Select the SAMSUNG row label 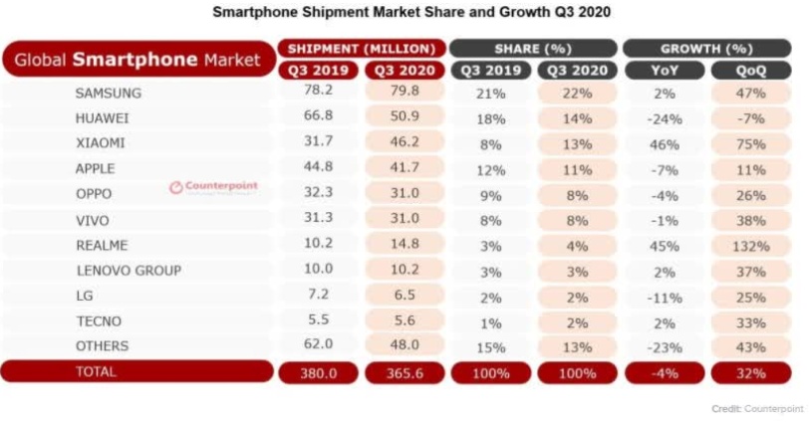108,93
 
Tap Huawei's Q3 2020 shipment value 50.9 401,118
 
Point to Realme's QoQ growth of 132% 752,245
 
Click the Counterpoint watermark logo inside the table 213,186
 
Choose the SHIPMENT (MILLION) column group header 360,48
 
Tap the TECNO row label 100,320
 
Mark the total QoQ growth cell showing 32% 752,372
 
